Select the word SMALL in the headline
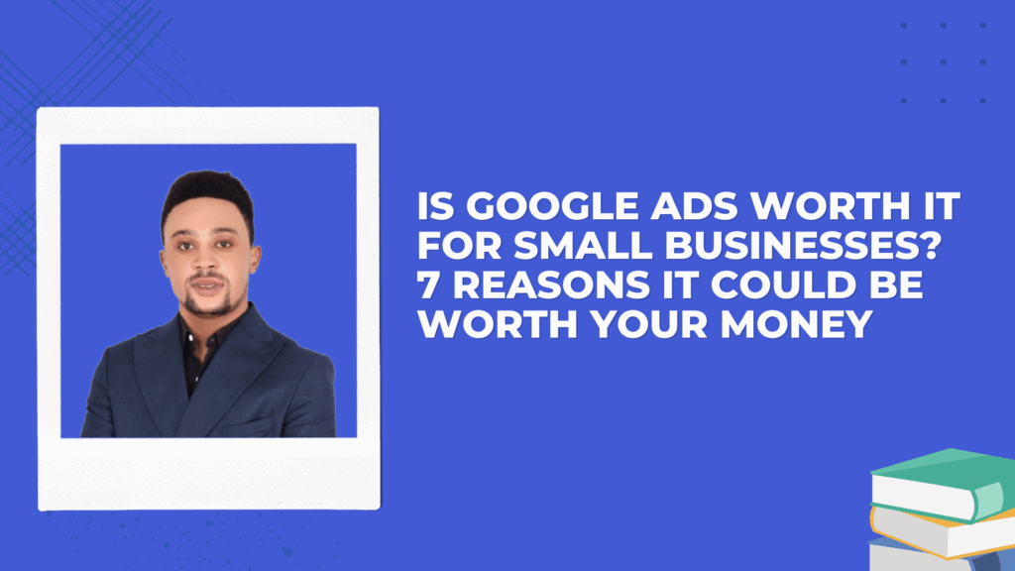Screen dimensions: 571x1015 click(564, 249)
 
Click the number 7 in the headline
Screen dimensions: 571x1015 click(429, 286)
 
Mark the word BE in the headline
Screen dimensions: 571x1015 click(900, 286)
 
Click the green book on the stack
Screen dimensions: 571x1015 click(937, 481)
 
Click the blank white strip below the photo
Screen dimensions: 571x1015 click(208, 473)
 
